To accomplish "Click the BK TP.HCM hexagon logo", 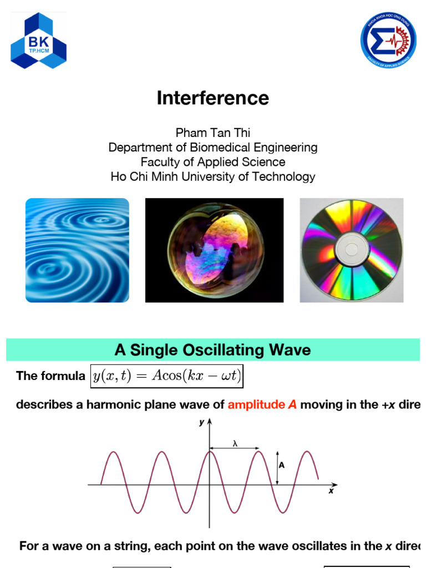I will click(x=38, y=41).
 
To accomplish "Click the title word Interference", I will click(x=212, y=98).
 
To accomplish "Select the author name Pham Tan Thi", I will click(x=212, y=133).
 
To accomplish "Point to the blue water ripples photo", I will click(x=77, y=250).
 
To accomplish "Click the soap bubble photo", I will click(x=214, y=250).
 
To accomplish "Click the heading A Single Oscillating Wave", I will click(x=212, y=351).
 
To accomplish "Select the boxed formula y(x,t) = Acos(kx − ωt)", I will click(x=166, y=376).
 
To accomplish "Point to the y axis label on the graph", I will click(x=201, y=423).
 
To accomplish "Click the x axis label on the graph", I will click(x=331, y=491).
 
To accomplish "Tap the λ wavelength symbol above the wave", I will click(x=235, y=443).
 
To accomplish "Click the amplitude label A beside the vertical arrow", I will click(x=282, y=465).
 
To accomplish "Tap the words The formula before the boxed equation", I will click(x=51, y=376).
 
